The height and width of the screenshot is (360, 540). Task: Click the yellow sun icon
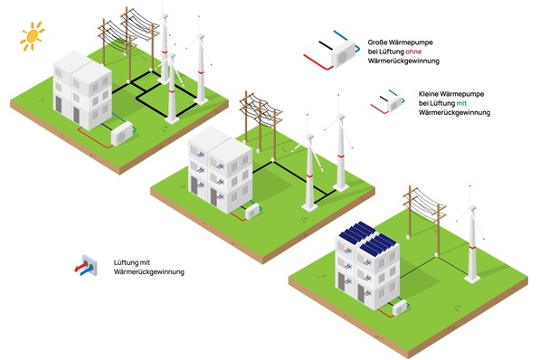(33, 36)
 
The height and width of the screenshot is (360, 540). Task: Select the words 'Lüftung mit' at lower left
(132, 262)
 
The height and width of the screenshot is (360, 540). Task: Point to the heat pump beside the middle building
(252, 211)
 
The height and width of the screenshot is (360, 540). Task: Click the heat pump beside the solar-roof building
(401, 307)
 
